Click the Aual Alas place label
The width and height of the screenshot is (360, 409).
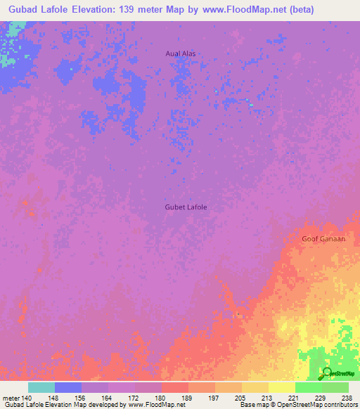[180, 53]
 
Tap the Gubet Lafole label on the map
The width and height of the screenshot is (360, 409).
[186, 207]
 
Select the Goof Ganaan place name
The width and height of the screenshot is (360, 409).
[323, 239]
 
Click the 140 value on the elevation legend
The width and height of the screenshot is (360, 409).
[28, 398]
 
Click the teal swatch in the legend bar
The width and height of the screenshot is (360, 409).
[41, 387]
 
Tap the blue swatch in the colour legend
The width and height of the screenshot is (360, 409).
[68, 387]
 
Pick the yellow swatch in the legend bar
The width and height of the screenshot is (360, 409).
[282, 387]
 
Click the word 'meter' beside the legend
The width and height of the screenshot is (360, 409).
[10, 398]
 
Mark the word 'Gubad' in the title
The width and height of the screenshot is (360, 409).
[23, 9]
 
